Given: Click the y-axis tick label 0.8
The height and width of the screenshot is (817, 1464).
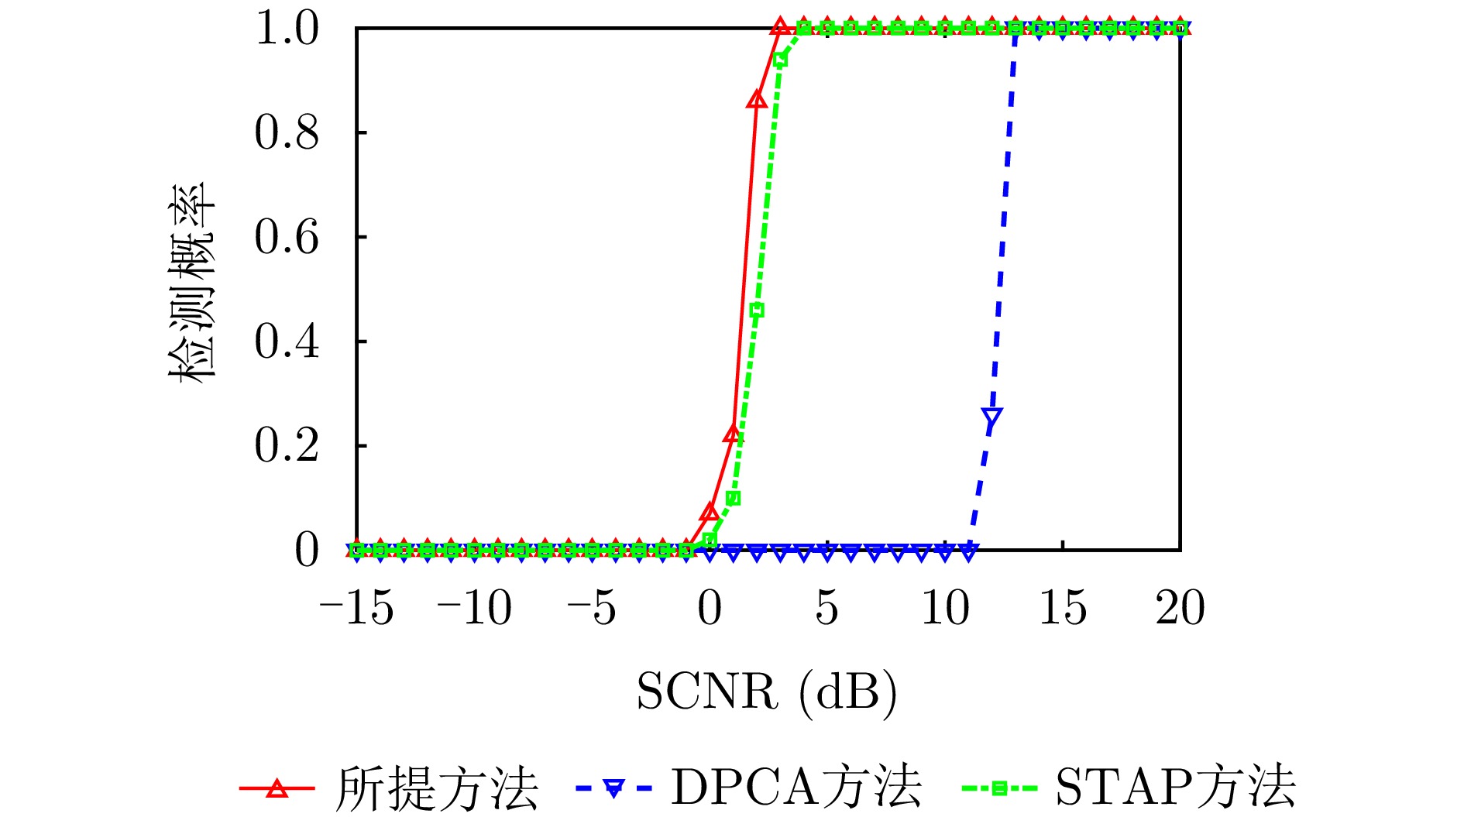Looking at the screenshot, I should pyautogui.click(x=287, y=133).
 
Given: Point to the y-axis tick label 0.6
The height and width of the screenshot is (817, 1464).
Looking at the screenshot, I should pyautogui.click(x=287, y=238).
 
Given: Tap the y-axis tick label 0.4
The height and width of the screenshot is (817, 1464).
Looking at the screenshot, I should pyautogui.click(x=287, y=342).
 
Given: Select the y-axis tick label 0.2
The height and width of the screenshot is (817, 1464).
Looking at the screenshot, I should pyautogui.click(x=287, y=447).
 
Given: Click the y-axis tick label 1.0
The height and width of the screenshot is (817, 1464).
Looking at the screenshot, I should pyautogui.click(x=287, y=29).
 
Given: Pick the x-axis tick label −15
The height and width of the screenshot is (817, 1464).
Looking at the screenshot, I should pyautogui.click(x=356, y=608).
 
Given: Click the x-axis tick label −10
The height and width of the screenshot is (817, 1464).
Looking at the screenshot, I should pyautogui.click(x=474, y=608).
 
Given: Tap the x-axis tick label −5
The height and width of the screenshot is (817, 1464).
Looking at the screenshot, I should pyautogui.click(x=592, y=608).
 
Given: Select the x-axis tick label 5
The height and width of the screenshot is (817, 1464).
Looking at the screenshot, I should pyautogui.click(x=827, y=608).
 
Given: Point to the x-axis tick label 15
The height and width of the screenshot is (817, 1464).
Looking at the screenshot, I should pyautogui.click(x=1062, y=608).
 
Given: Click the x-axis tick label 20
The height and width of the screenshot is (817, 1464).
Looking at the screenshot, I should pyautogui.click(x=1180, y=608).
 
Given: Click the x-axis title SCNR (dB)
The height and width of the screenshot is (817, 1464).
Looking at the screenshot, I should pyautogui.click(x=767, y=692).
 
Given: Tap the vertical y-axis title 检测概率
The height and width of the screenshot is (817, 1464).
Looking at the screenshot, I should pyautogui.click(x=192, y=283).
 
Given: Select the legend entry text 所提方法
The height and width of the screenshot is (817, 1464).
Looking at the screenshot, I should pyautogui.click(x=436, y=789).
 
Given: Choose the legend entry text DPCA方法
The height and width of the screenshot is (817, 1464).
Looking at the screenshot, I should pyautogui.click(x=796, y=789).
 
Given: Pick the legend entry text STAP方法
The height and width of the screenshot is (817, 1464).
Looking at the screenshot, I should pyautogui.click(x=1175, y=789).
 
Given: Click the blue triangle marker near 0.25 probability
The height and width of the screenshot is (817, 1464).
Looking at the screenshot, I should pyautogui.click(x=991, y=419).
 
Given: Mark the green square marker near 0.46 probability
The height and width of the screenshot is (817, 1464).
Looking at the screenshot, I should pyautogui.click(x=757, y=311).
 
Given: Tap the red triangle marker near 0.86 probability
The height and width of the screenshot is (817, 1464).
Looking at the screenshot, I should pyautogui.click(x=757, y=100).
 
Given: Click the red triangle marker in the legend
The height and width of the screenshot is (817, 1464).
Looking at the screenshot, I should pyautogui.click(x=277, y=789).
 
